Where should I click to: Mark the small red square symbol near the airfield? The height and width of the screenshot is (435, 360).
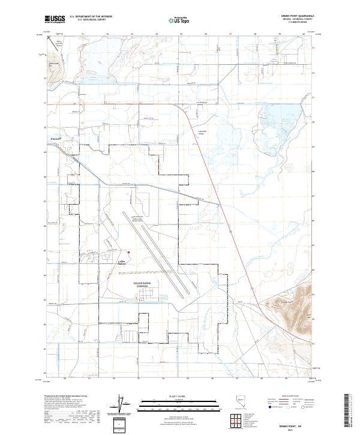127,252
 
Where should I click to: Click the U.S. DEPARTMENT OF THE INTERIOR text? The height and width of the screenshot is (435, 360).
90,17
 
